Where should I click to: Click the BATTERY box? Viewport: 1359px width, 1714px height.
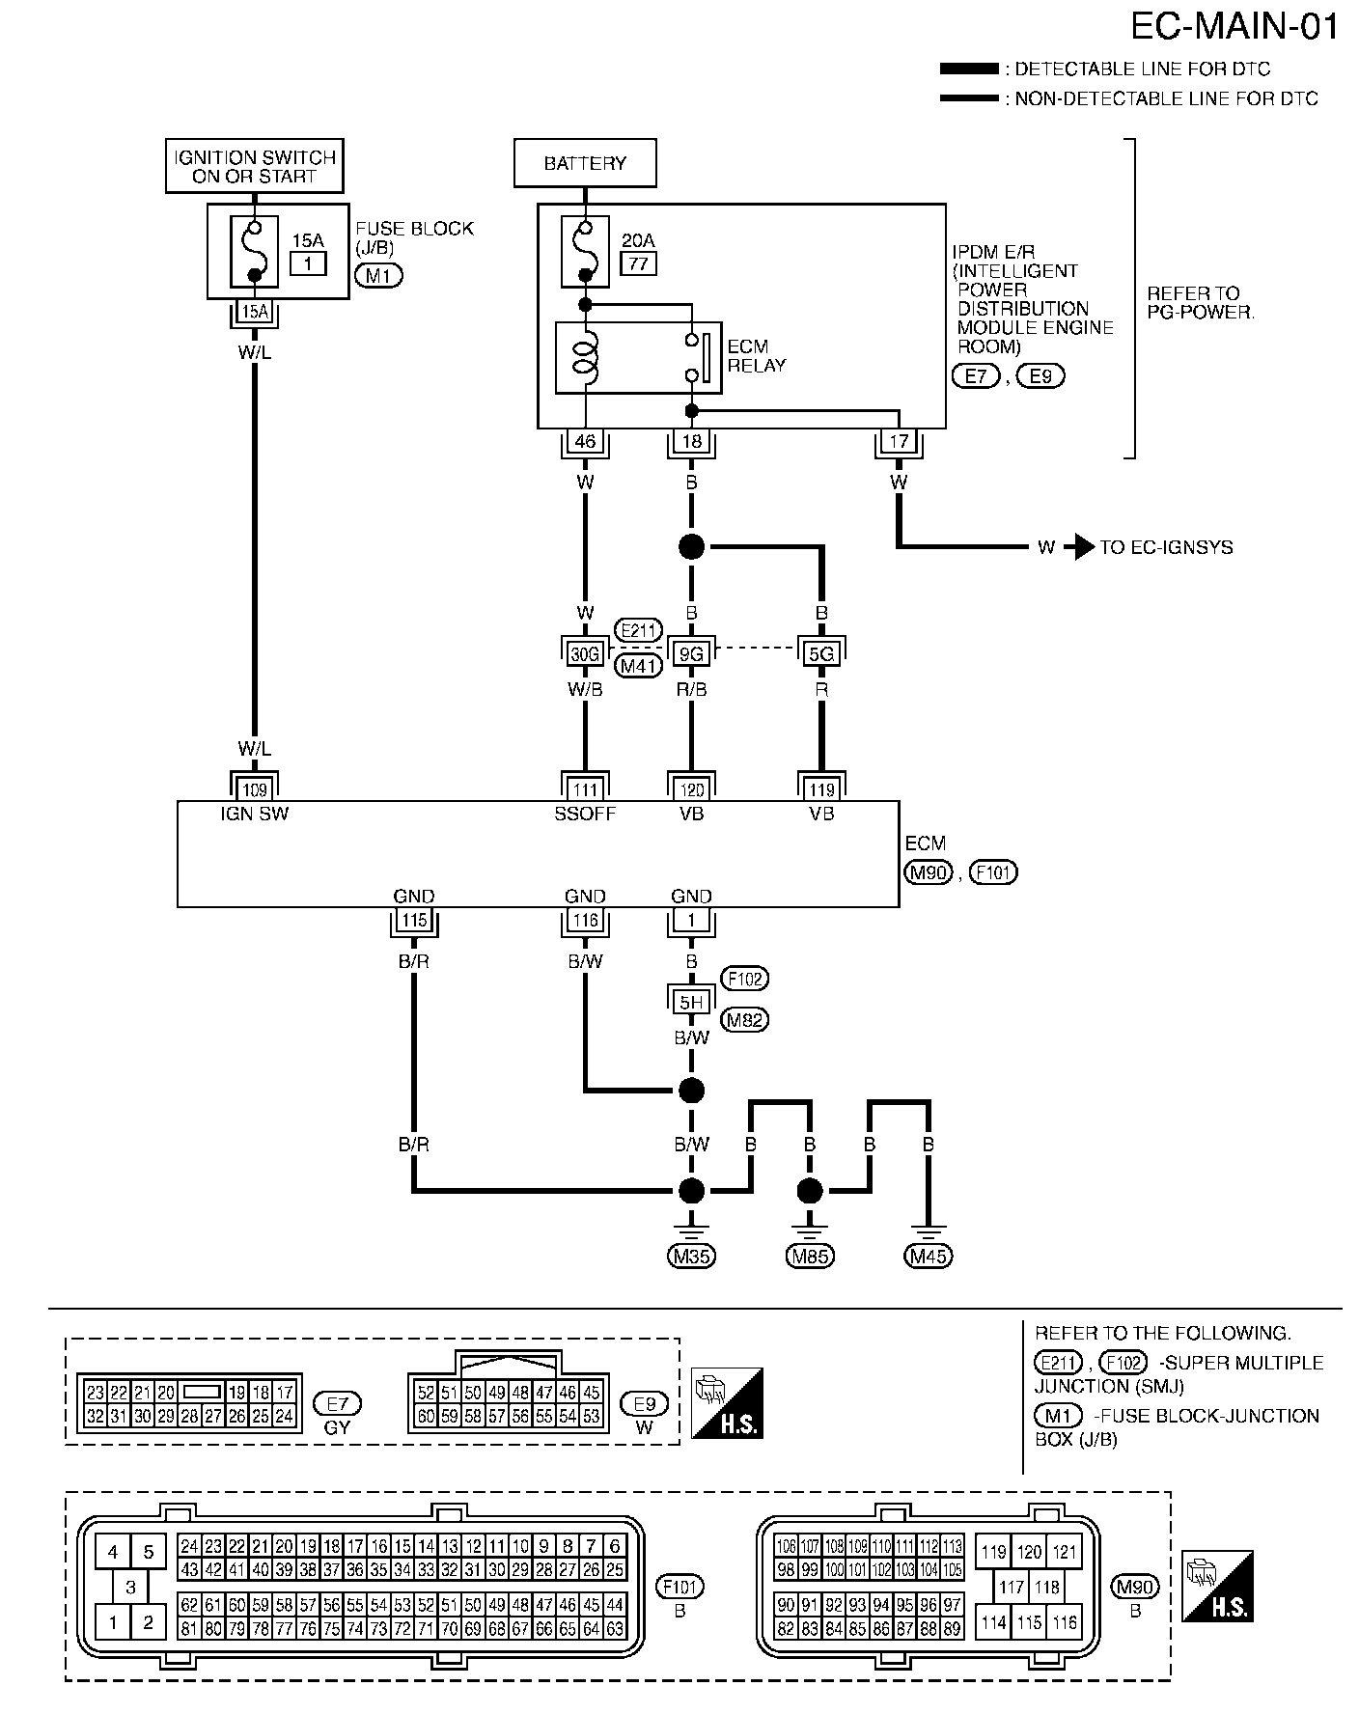click(x=585, y=163)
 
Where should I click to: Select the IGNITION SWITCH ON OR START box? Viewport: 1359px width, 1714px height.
click(x=254, y=167)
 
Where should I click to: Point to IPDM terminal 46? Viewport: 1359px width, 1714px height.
click(x=585, y=442)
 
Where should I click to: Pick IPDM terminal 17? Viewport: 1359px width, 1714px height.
click(x=899, y=442)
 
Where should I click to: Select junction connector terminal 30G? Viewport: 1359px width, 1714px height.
click(x=585, y=654)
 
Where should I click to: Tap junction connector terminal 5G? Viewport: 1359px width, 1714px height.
click(x=821, y=654)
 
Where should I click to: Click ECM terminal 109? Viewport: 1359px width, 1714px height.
click(x=254, y=790)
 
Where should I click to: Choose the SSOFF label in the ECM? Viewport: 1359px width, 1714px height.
click(x=585, y=814)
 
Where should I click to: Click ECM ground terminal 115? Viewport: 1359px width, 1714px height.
click(x=414, y=921)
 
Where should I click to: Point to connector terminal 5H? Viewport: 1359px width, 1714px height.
click(x=691, y=1002)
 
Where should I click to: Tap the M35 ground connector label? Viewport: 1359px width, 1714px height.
click(x=691, y=1256)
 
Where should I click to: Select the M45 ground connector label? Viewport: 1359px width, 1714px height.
click(x=928, y=1256)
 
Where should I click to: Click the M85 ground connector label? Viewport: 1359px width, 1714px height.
click(x=810, y=1256)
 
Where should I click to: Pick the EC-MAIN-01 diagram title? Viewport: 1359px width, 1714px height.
click(x=1234, y=26)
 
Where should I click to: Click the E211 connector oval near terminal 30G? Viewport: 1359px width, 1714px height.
click(x=638, y=631)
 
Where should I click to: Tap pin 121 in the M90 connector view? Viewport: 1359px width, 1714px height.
click(x=1066, y=1553)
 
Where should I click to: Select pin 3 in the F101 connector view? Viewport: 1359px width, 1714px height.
click(x=130, y=1587)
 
